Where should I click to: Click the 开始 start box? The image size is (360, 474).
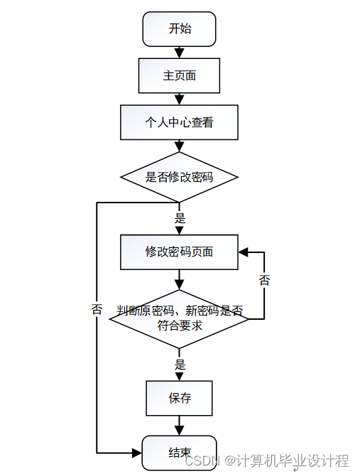click(179, 29)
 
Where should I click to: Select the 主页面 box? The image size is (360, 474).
click(179, 75)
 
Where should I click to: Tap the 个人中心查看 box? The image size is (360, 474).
click(179, 122)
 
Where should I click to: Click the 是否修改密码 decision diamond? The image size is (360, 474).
click(179, 177)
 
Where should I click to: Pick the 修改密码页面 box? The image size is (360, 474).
click(179, 252)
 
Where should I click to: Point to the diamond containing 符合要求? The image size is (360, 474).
click(179, 319)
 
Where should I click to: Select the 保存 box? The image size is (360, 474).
click(179, 398)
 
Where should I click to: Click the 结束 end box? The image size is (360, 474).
click(179, 453)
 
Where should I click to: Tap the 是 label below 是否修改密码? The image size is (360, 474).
click(180, 218)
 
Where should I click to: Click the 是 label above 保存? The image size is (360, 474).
click(180, 365)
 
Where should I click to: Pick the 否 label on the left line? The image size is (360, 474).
click(97, 309)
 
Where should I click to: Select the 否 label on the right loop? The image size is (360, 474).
click(264, 279)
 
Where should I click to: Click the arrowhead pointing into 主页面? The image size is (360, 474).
click(179, 53)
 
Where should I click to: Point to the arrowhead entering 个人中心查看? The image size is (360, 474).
click(179, 100)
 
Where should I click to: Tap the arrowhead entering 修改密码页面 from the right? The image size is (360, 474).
click(243, 252)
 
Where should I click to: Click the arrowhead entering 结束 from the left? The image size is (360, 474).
click(137, 453)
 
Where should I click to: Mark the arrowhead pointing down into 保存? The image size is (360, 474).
click(179, 376)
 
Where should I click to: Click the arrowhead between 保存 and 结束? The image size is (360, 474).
click(179, 431)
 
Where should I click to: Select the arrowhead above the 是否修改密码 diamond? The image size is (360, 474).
click(179, 147)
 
